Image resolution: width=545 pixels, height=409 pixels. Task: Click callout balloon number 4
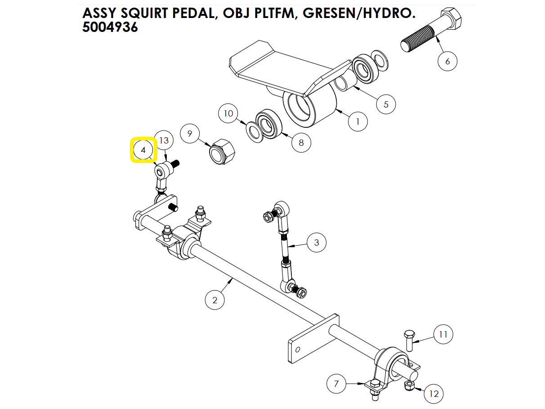coord(143,150)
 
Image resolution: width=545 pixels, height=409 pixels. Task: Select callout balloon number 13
coord(164,140)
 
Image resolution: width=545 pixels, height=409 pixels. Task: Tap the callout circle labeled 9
coord(190,134)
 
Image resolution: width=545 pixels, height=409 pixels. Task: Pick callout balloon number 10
coord(228,113)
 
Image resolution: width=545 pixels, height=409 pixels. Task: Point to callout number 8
coord(301,143)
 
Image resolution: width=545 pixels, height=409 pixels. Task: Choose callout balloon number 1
coord(358,121)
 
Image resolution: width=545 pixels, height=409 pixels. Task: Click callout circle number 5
coord(386,104)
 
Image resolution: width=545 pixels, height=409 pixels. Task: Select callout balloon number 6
coord(447,61)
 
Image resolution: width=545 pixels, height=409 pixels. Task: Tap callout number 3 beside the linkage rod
coord(317,243)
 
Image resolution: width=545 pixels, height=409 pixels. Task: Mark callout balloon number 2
coord(214,300)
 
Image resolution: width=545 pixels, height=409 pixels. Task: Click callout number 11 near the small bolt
coord(443,334)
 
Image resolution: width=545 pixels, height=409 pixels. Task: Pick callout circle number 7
coord(336,384)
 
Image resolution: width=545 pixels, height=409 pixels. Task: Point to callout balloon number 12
coord(433,394)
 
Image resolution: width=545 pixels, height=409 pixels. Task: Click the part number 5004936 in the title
coord(110,27)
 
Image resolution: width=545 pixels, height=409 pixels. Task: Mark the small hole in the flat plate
coord(297,350)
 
